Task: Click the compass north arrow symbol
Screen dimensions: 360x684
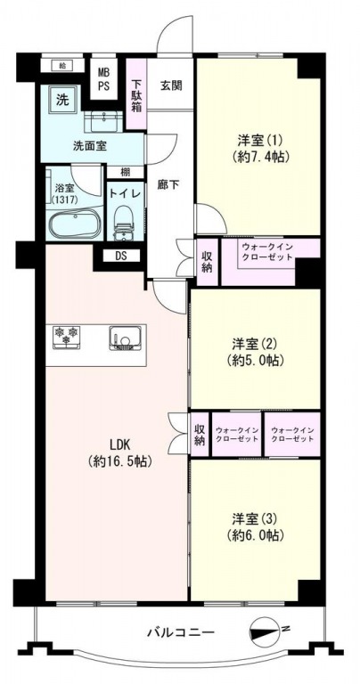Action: (266, 631)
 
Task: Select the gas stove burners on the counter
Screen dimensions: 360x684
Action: (66, 337)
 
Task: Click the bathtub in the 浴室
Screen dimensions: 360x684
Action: (75, 223)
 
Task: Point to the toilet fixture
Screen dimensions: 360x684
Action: (124, 224)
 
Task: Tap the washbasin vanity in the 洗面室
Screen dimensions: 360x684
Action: (107, 121)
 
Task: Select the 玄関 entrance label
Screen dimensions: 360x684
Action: (170, 85)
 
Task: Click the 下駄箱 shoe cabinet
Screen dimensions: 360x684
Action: (136, 94)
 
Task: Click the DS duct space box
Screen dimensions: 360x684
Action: (121, 256)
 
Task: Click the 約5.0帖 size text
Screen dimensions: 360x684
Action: (255, 361)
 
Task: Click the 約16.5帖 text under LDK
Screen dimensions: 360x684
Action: (119, 460)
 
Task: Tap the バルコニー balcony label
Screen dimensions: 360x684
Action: (181, 631)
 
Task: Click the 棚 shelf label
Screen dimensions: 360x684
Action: (126, 172)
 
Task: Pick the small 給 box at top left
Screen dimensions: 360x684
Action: (62, 65)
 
